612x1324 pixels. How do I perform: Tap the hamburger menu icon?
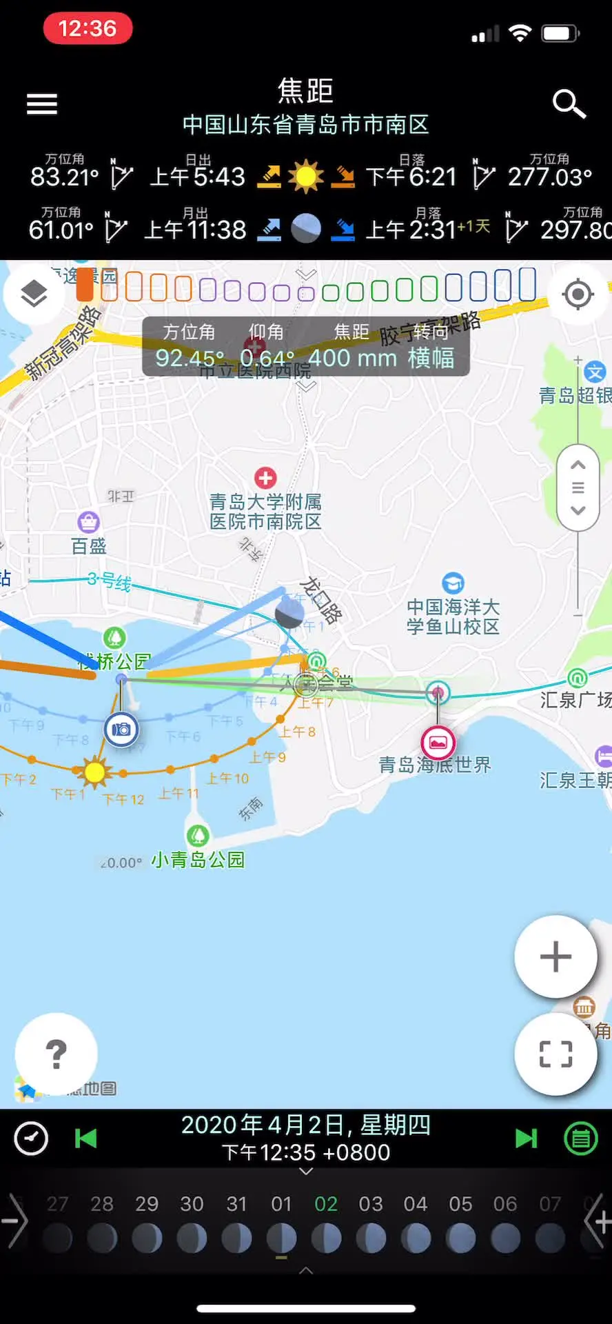pyautogui.click(x=42, y=104)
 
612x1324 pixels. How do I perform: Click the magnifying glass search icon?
pyautogui.click(x=569, y=104)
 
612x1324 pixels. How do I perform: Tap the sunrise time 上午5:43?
pyautogui.click(x=198, y=177)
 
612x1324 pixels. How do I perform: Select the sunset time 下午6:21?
pyautogui.click(x=411, y=177)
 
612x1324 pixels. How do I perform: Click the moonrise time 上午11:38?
pyautogui.click(x=195, y=230)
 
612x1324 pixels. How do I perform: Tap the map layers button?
pyautogui.click(x=34, y=294)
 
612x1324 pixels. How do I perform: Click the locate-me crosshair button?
pyautogui.click(x=578, y=294)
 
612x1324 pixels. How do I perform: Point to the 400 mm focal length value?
pyautogui.click(x=352, y=358)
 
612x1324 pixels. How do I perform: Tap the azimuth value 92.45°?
pyautogui.click(x=190, y=358)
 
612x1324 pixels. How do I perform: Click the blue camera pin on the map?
pyautogui.click(x=121, y=729)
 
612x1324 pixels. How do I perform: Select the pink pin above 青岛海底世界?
pyautogui.click(x=438, y=743)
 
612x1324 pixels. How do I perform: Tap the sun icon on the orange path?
pyautogui.click(x=94, y=772)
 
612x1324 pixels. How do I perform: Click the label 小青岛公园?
pyautogui.click(x=198, y=859)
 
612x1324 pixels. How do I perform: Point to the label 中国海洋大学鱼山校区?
pyautogui.click(x=453, y=616)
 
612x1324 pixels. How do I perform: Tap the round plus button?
pyautogui.click(x=555, y=956)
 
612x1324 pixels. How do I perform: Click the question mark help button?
pyautogui.click(x=56, y=1054)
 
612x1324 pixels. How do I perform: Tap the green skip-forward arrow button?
pyautogui.click(x=526, y=1139)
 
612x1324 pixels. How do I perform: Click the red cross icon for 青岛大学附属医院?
pyautogui.click(x=265, y=477)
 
